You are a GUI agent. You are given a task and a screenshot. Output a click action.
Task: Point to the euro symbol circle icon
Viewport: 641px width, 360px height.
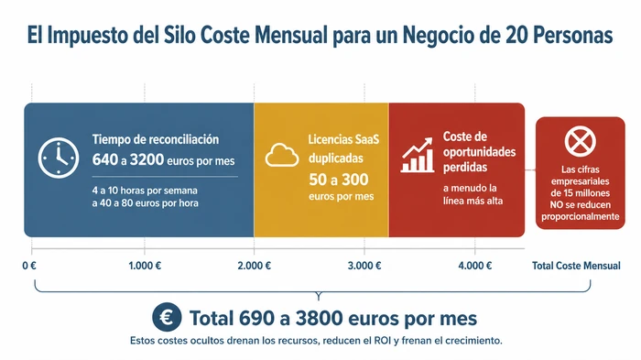click(x=167, y=317)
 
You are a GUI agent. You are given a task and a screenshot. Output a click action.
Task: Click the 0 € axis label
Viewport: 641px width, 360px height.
click(x=28, y=266)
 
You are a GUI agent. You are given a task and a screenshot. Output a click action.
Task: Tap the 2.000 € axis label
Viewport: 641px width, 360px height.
click(x=255, y=266)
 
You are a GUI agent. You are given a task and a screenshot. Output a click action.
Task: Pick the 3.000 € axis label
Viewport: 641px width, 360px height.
click(x=365, y=266)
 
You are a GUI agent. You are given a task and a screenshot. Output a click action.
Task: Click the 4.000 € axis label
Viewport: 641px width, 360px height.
click(x=475, y=266)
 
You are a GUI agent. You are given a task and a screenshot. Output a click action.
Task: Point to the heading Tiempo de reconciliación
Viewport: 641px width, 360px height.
click(x=156, y=139)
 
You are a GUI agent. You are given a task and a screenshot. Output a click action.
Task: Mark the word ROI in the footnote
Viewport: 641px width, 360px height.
click(x=382, y=341)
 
